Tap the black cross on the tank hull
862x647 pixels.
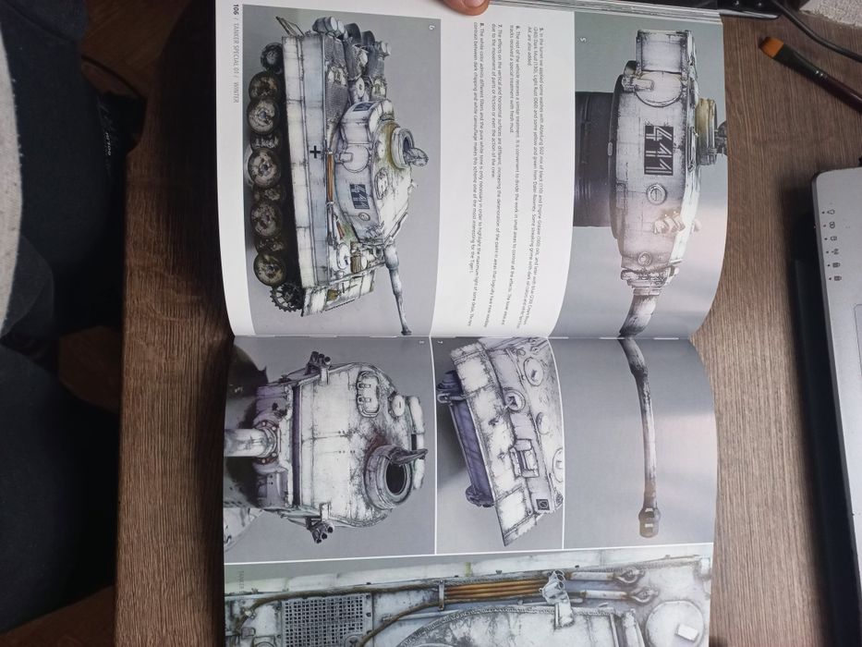click(317, 151)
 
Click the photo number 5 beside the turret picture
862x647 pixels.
click(582, 39)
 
